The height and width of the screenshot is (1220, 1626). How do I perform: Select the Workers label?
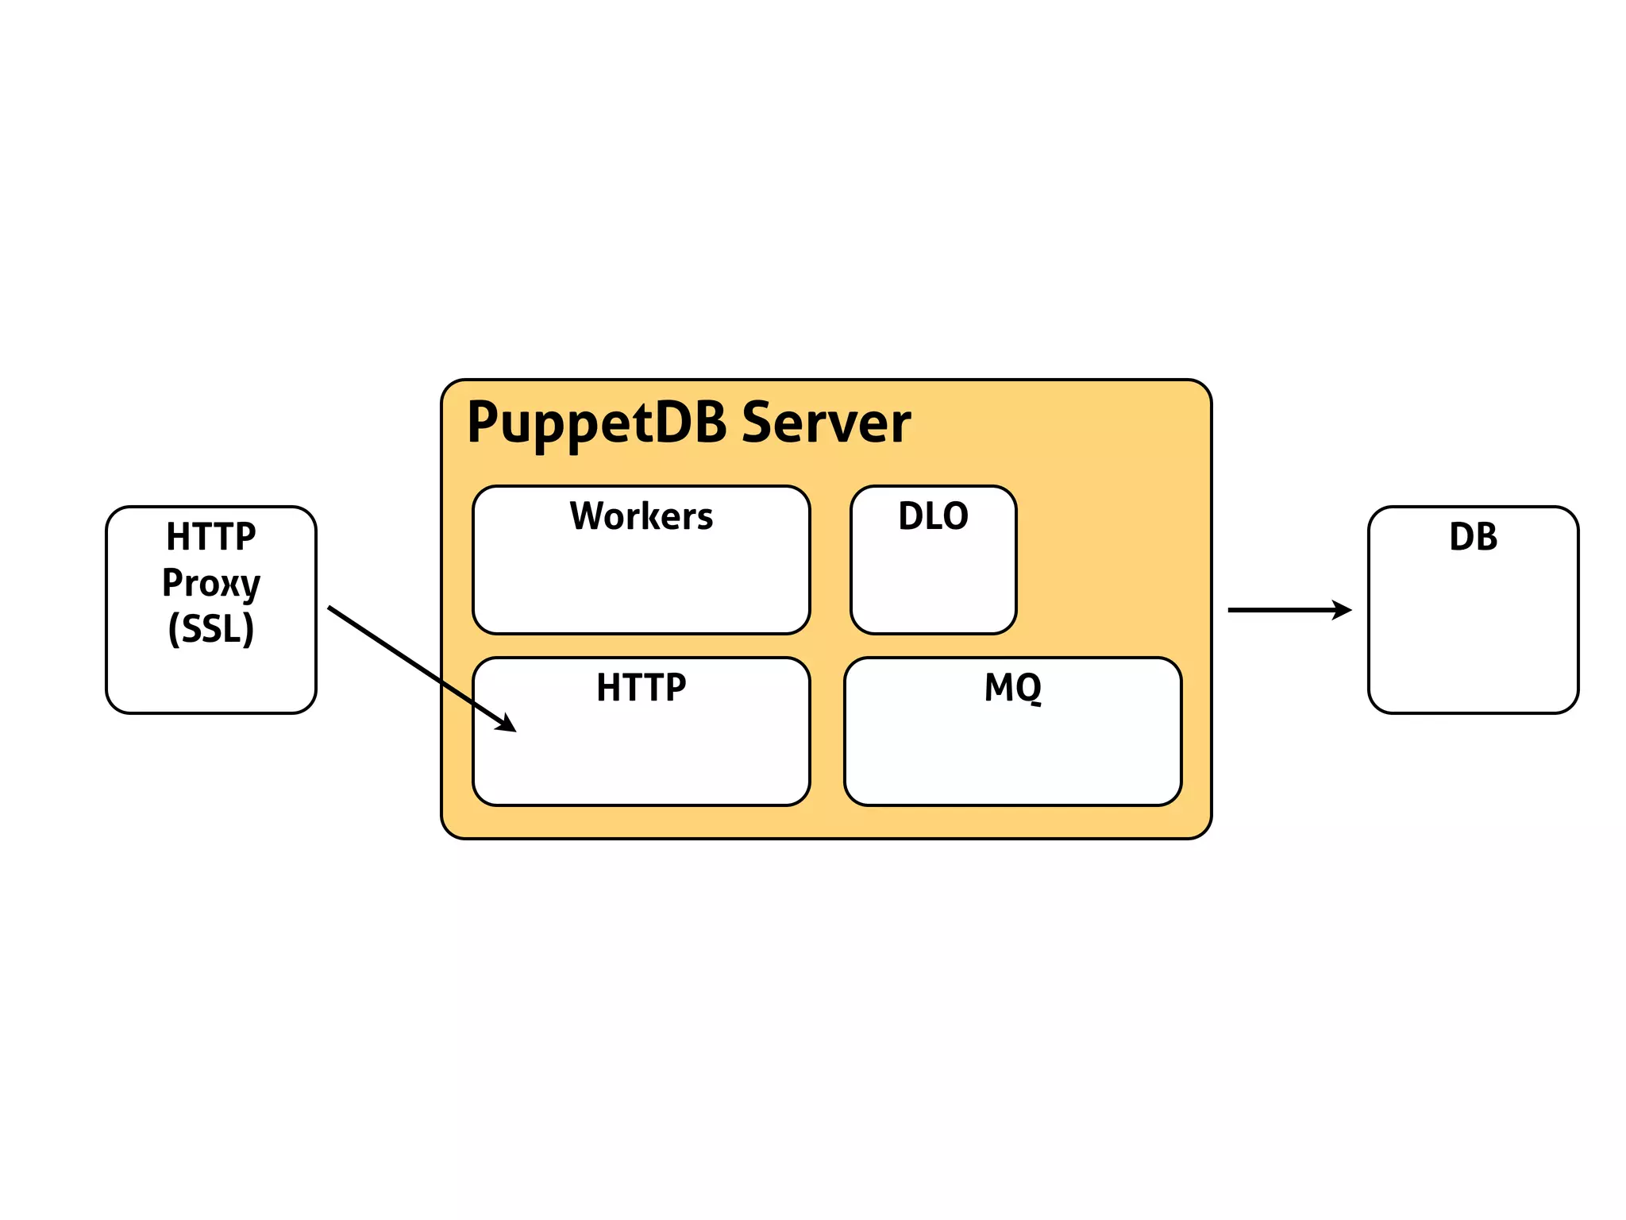pos(641,516)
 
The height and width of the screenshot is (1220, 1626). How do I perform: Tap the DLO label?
pos(933,516)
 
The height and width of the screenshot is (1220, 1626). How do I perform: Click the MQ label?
pos(1012,687)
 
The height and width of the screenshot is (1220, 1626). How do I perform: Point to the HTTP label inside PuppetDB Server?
pos(641,687)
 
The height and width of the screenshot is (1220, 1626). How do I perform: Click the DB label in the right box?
pos(1473,537)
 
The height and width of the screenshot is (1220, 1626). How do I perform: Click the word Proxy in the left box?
pos(211,583)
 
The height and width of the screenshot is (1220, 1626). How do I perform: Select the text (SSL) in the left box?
pos(211,629)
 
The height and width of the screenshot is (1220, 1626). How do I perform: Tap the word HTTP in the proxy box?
pos(211,537)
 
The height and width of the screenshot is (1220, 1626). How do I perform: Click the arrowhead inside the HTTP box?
pos(507,723)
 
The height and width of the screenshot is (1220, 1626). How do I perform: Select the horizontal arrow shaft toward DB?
pos(1278,610)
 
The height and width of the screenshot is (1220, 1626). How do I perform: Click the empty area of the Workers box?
pos(641,588)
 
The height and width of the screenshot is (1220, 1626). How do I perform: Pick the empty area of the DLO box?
pos(933,588)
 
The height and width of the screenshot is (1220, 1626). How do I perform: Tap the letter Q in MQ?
pos(1029,688)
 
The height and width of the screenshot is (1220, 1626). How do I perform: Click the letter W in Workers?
pos(588,516)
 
